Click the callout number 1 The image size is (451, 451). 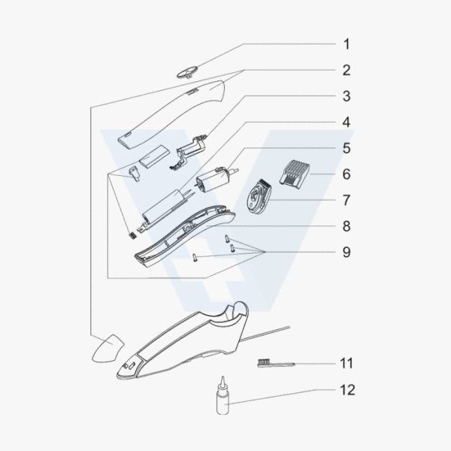pos(347,44)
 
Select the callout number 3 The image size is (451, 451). pos(347,96)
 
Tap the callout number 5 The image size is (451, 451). pos(347,148)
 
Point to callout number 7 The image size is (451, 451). pos(347,200)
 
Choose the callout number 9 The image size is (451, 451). pos(347,252)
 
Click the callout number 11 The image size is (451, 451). pos(347,363)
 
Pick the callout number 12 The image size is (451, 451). pos(347,390)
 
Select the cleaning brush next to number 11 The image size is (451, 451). pos(276,363)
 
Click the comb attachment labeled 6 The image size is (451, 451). pos(294,174)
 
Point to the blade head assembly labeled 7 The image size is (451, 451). pos(260,196)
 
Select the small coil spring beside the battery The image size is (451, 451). pos(132,235)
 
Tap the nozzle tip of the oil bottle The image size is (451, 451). pos(222,379)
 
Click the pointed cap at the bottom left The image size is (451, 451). pos(107,348)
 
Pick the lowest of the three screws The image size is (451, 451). pos(195,257)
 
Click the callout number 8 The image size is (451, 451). pos(347,226)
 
